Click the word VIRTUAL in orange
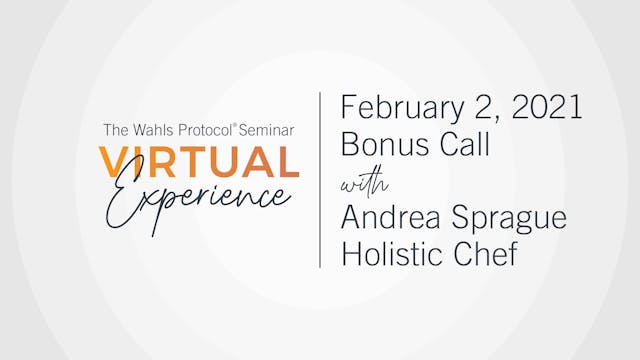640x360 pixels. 198,163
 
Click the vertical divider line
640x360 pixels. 320,180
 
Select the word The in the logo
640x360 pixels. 112,130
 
